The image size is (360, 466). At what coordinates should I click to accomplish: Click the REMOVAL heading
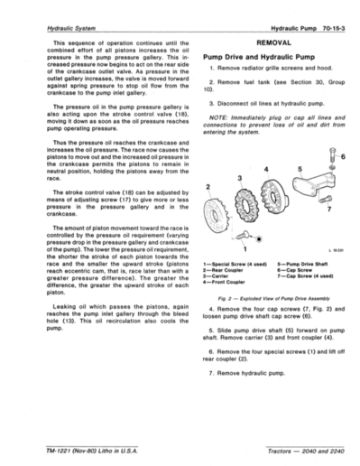(x=272, y=42)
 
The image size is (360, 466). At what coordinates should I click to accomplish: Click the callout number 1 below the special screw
(x=245, y=246)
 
